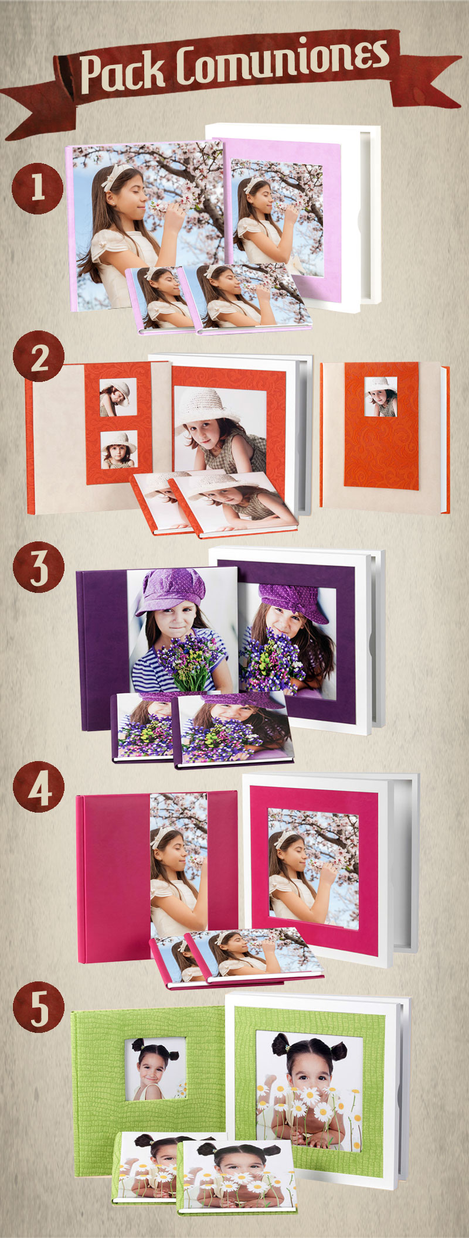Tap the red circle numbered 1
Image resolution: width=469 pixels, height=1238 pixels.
(x=38, y=188)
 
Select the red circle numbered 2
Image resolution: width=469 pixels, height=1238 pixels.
(x=39, y=357)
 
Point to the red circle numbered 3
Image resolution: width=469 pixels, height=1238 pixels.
(x=39, y=567)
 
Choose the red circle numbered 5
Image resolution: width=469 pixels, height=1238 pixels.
(x=39, y=1007)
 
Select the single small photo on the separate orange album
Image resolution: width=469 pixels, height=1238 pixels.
(x=380, y=396)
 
